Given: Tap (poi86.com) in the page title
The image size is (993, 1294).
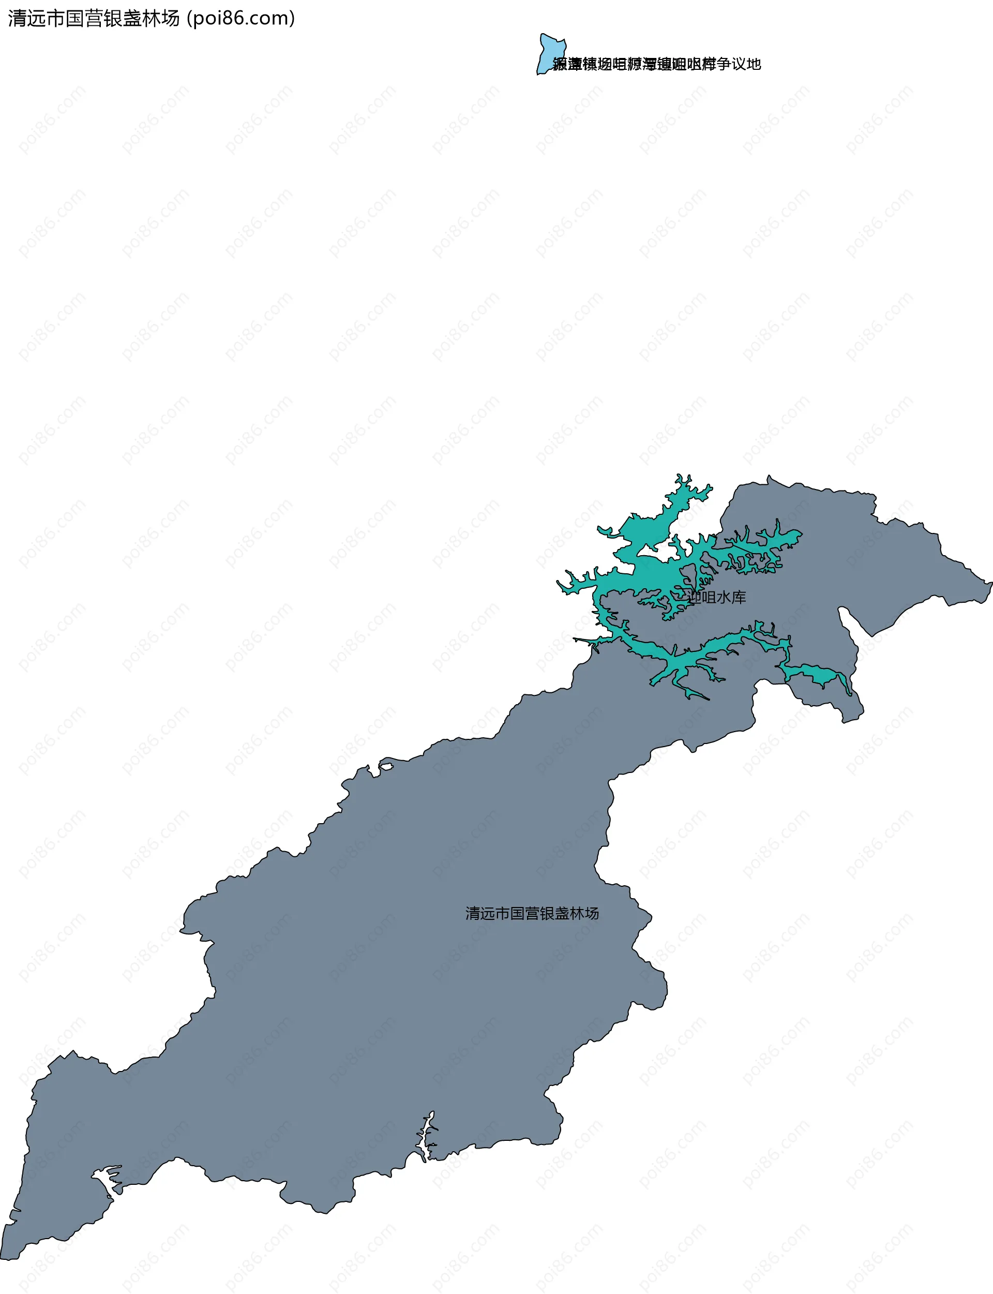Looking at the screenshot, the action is (240, 18).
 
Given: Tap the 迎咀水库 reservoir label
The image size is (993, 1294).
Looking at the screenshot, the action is (716, 597).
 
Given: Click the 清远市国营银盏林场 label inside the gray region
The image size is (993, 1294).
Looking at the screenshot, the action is (532, 913).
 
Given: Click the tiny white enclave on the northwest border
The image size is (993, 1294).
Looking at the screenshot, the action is (386, 767).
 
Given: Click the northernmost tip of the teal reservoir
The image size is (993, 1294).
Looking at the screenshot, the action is (680, 476).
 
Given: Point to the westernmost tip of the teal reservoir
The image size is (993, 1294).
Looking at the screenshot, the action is (559, 584).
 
